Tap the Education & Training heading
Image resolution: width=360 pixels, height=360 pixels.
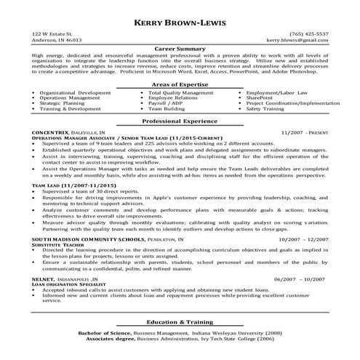[x=180, y=321]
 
